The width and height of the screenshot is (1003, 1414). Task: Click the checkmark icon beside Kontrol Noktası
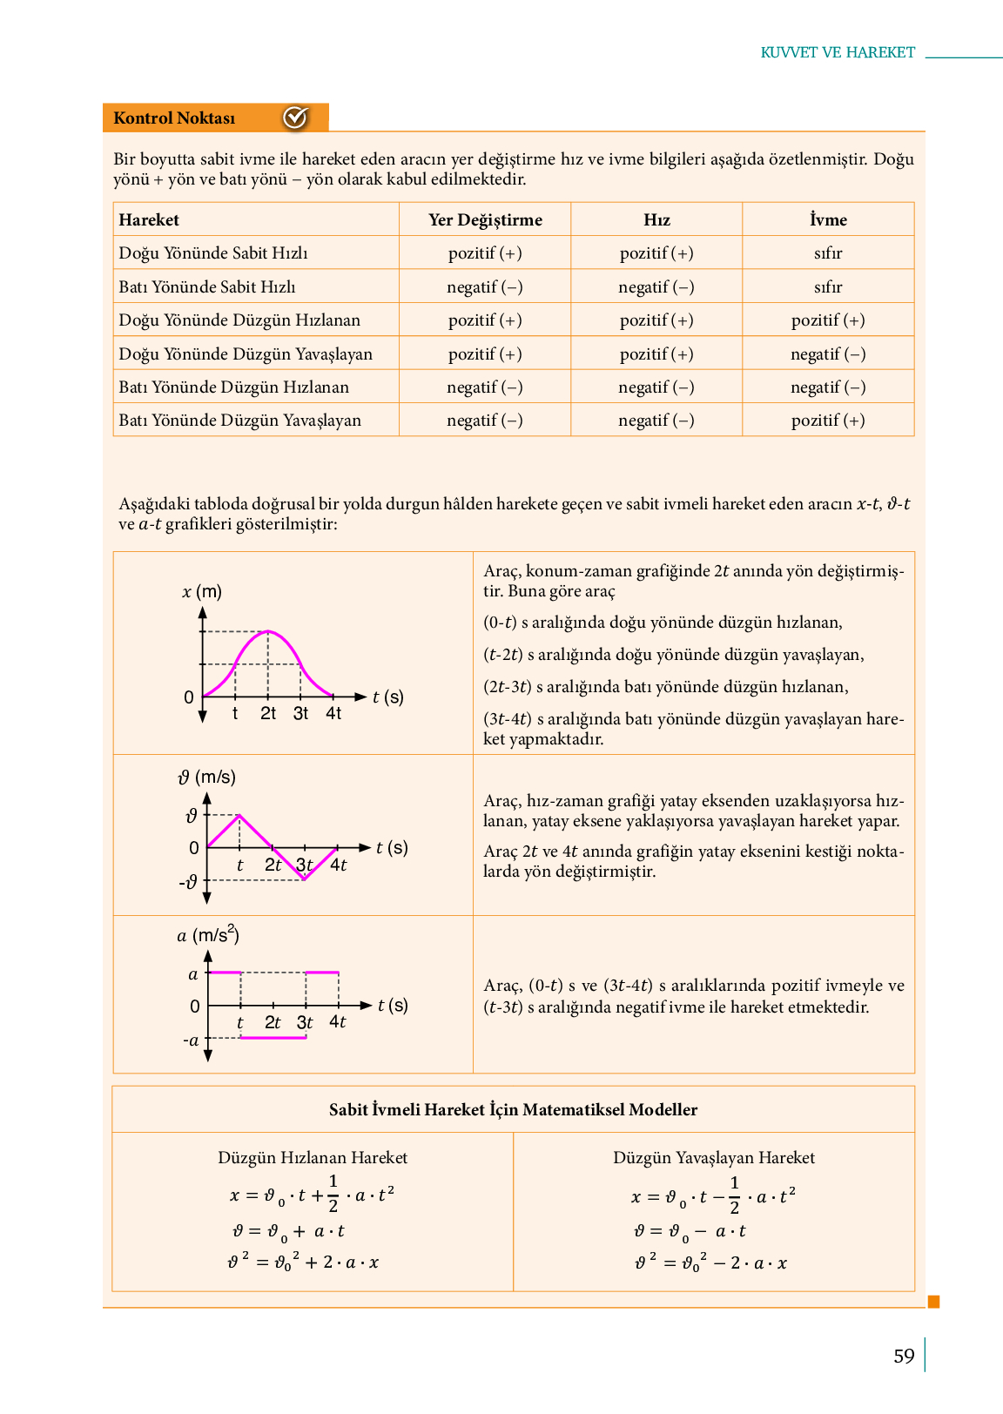point(295,118)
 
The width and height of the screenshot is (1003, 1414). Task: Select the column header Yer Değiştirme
point(485,219)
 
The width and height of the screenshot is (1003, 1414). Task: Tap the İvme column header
point(828,219)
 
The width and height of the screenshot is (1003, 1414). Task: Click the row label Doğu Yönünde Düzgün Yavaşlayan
point(246,353)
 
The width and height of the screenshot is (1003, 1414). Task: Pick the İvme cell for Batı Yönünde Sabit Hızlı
point(828,286)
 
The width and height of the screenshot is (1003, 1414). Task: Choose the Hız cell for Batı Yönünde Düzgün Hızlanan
point(656,387)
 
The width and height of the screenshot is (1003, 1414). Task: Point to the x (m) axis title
point(202,592)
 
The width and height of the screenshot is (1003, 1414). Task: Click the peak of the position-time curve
point(268,631)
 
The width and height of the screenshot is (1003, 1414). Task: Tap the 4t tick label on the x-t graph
point(333,713)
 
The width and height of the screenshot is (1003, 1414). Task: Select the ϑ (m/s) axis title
point(207,777)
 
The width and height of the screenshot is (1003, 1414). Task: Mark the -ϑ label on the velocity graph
point(188,883)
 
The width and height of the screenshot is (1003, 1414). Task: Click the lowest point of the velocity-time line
point(305,879)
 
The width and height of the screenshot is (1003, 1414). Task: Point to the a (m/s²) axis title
point(208,935)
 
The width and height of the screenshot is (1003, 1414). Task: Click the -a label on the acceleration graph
point(191,1040)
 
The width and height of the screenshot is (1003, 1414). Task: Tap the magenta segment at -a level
point(273,1038)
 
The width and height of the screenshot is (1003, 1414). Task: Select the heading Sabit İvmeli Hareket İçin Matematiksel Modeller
point(513,1109)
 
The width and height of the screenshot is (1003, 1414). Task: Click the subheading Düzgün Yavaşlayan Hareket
point(714,1157)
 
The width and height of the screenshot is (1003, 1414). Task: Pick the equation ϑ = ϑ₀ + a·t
point(289,1231)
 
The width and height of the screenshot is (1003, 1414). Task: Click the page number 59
point(904,1356)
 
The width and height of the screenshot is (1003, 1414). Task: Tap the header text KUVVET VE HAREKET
point(838,52)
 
